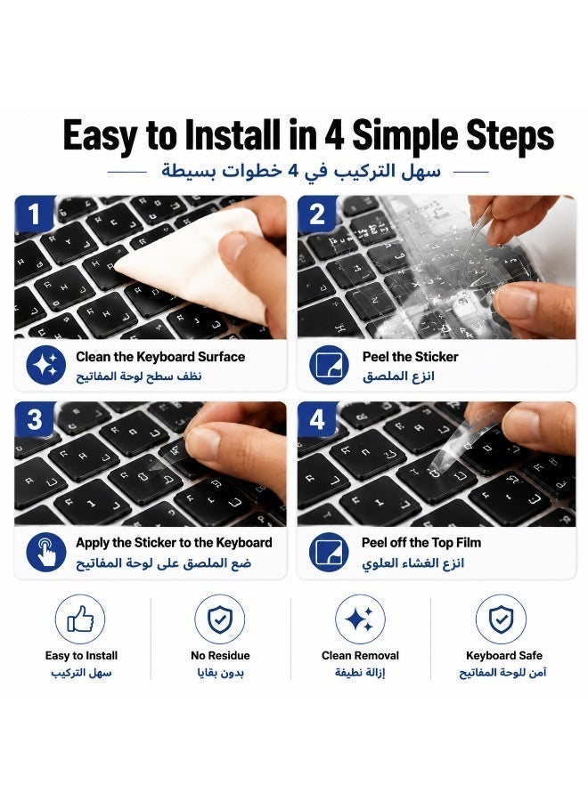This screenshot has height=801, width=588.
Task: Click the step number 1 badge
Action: pyautogui.click(x=34, y=214)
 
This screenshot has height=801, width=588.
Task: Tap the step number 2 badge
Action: pyautogui.click(x=317, y=214)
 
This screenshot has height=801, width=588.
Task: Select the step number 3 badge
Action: pyautogui.click(x=34, y=419)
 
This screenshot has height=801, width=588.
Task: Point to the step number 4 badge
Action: pyautogui.click(x=317, y=419)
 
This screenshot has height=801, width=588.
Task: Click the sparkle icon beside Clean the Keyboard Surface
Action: pyautogui.click(x=46, y=365)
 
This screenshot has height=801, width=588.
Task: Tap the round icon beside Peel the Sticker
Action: pyautogui.click(x=329, y=365)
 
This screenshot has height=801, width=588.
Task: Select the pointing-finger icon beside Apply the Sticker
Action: pyautogui.click(x=46, y=552)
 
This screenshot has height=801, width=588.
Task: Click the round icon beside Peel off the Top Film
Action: pyautogui.click(x=329, y=552)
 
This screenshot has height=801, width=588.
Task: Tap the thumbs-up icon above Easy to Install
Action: pyautogui.click(x=80, y=619)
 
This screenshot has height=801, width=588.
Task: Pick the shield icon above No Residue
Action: pyautogui.click(x=220, y=619)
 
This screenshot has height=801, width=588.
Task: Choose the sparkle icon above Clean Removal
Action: pyautogui.click(x=360, y=619)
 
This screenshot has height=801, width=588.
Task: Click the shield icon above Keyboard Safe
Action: pyautogui.click(x=501, y=619)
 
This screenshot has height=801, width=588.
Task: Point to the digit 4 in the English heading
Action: pyautogui.click(x=333, y=135)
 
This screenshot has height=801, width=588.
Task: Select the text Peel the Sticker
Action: pyautogui.click(x=410, y=357)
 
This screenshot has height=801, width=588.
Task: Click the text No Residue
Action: pyautogui.click(x=220, y=655)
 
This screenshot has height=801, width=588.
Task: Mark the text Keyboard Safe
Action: pyautogui.click(x=504, y=655)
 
